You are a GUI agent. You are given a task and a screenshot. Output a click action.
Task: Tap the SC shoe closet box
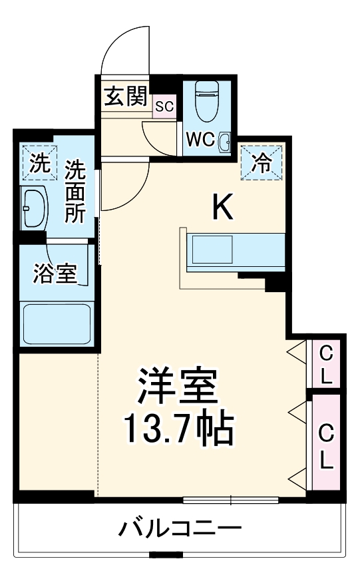tap(164, 106)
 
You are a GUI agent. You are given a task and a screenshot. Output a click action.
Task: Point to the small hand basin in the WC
tap(224, 140)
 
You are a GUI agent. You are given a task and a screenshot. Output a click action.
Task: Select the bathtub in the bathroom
tap(56, 325)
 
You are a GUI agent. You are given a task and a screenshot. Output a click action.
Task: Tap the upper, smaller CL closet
tap(325, 363)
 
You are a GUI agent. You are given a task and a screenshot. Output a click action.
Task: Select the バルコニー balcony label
tap(180, 530)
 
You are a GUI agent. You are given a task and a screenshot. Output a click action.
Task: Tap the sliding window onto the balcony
tap(231, 498)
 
